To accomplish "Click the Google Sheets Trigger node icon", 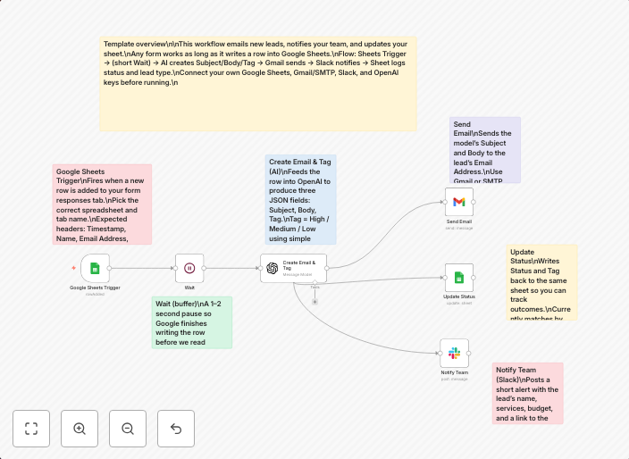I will click(95, 268).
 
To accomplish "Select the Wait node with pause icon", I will click(189, 268).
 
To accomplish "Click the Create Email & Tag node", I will click(294, 268).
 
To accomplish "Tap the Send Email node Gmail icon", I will click(459, 201).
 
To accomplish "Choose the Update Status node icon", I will click(459, 277).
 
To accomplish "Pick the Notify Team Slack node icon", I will click(454, 353).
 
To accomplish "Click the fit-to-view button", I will click(31, 429).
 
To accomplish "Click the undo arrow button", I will click(176, 429).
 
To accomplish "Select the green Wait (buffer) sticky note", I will click(192, 321).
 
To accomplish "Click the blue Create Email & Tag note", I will click(300, 199).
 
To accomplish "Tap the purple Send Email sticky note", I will click(484, 149).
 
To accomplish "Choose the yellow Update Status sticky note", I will click(541, 282).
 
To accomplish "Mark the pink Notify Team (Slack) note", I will click(527, 393).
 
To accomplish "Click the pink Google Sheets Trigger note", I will click(101, 204).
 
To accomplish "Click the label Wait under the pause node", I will click(189, 288).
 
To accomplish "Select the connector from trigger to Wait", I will click(142, 268).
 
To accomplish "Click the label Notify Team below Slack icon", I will click(454, 372).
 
